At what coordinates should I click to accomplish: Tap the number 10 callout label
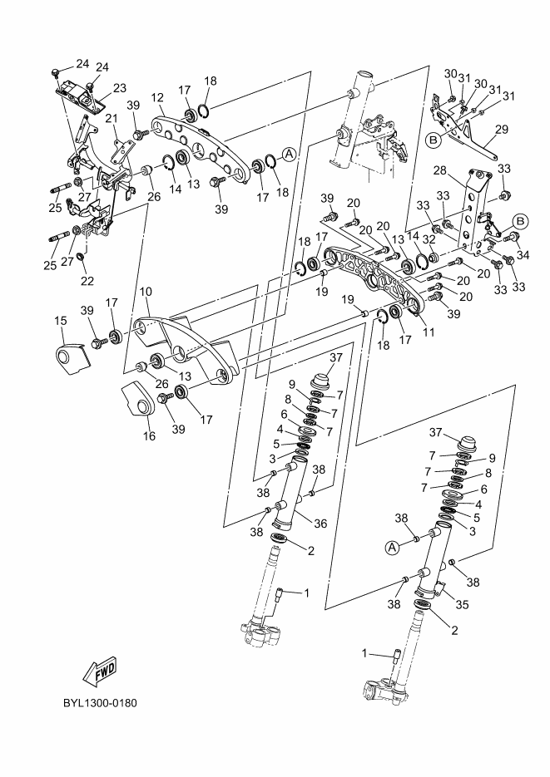point(146,293)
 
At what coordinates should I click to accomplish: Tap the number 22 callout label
point(87,281)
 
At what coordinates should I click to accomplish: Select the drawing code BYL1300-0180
point(99,704)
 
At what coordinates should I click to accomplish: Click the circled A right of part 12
point(288,155)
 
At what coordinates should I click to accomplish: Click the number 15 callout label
point(61,321)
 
